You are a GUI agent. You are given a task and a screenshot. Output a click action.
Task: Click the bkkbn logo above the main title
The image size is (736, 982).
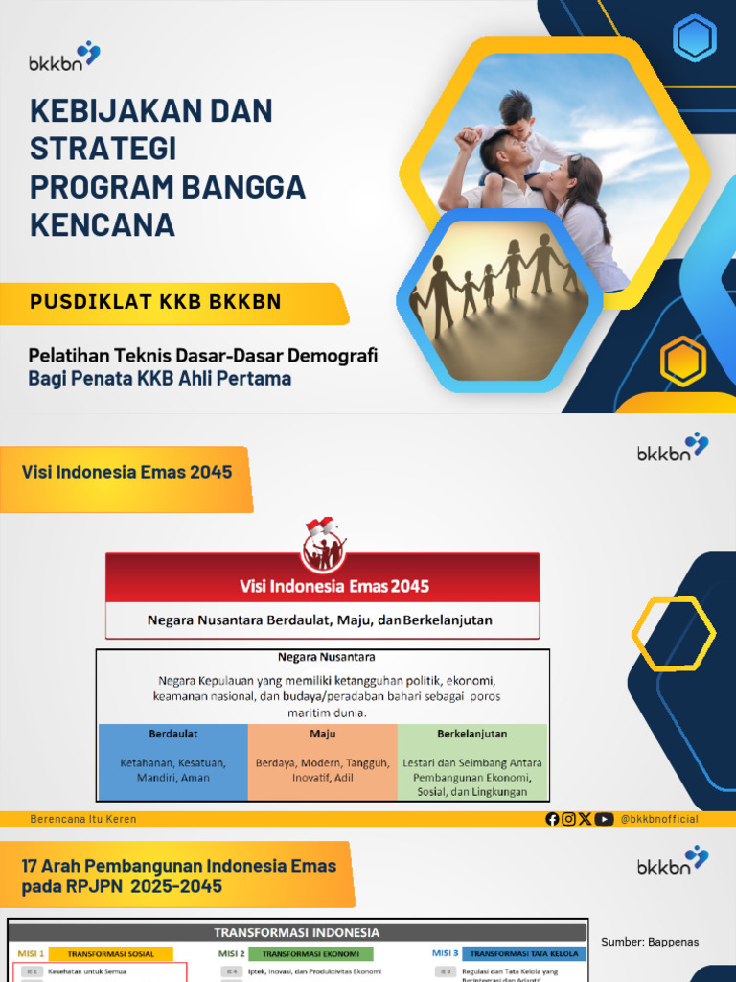(x=64, y=57)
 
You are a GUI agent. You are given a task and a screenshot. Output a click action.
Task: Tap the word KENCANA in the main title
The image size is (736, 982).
(x=103, y=224)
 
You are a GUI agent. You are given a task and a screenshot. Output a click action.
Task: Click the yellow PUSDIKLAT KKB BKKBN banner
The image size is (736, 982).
(x=172, y=303)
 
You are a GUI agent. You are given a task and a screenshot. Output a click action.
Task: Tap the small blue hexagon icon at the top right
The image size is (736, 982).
(x=695, y=38)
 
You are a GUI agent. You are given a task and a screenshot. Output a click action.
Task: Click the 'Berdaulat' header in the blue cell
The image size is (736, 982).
(x=173, y=734)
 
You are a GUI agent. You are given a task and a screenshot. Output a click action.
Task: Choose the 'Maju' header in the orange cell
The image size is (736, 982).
(x=322, y=734)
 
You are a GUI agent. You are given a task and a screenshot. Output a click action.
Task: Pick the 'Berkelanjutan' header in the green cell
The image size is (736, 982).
(x=471, y=734)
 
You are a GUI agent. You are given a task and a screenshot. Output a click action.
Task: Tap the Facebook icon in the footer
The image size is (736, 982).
(x=552, y=819)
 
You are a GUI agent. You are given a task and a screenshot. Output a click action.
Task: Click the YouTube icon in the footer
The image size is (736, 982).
(x=604, y=819)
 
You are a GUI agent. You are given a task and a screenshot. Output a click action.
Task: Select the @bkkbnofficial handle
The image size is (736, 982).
(x=659, y=819)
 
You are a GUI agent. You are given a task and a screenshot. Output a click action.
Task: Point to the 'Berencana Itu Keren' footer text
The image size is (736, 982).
(x=83, y=819)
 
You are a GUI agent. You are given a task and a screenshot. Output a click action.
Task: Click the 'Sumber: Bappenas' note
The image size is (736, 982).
(x=650, y=942)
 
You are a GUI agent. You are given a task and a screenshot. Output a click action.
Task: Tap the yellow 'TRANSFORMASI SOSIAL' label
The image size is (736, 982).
(x=110, y=953)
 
